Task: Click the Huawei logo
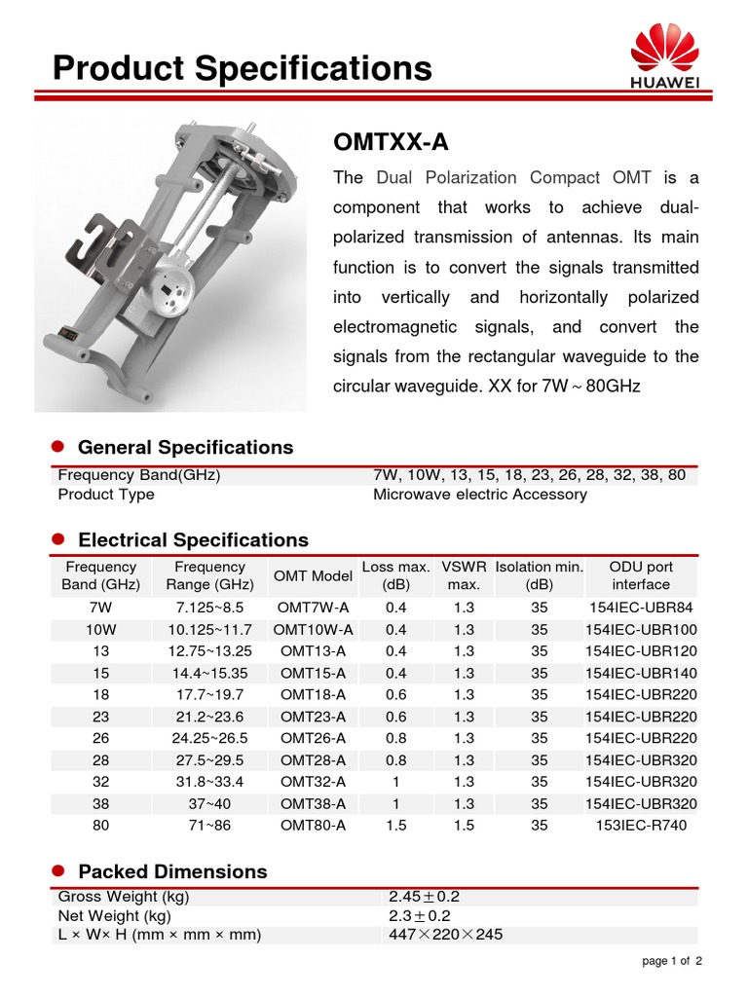coord(665,58)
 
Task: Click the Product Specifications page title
coord(242,68)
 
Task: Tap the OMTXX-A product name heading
coord(391,142)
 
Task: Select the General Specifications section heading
coord(185,448)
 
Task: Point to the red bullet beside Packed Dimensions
coord(56,869)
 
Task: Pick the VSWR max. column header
coord(464,575)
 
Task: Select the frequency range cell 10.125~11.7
coord(209,630)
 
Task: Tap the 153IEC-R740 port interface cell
coord(641,826)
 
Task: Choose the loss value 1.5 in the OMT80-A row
coord(396,826)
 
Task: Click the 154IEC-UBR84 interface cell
coord(641,608)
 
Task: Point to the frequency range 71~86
coord(209,826)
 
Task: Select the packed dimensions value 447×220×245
coord(445,936)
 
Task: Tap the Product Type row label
coord(106,495)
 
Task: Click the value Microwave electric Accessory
coord(480,495)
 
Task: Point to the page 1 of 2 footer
coord(672,962)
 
